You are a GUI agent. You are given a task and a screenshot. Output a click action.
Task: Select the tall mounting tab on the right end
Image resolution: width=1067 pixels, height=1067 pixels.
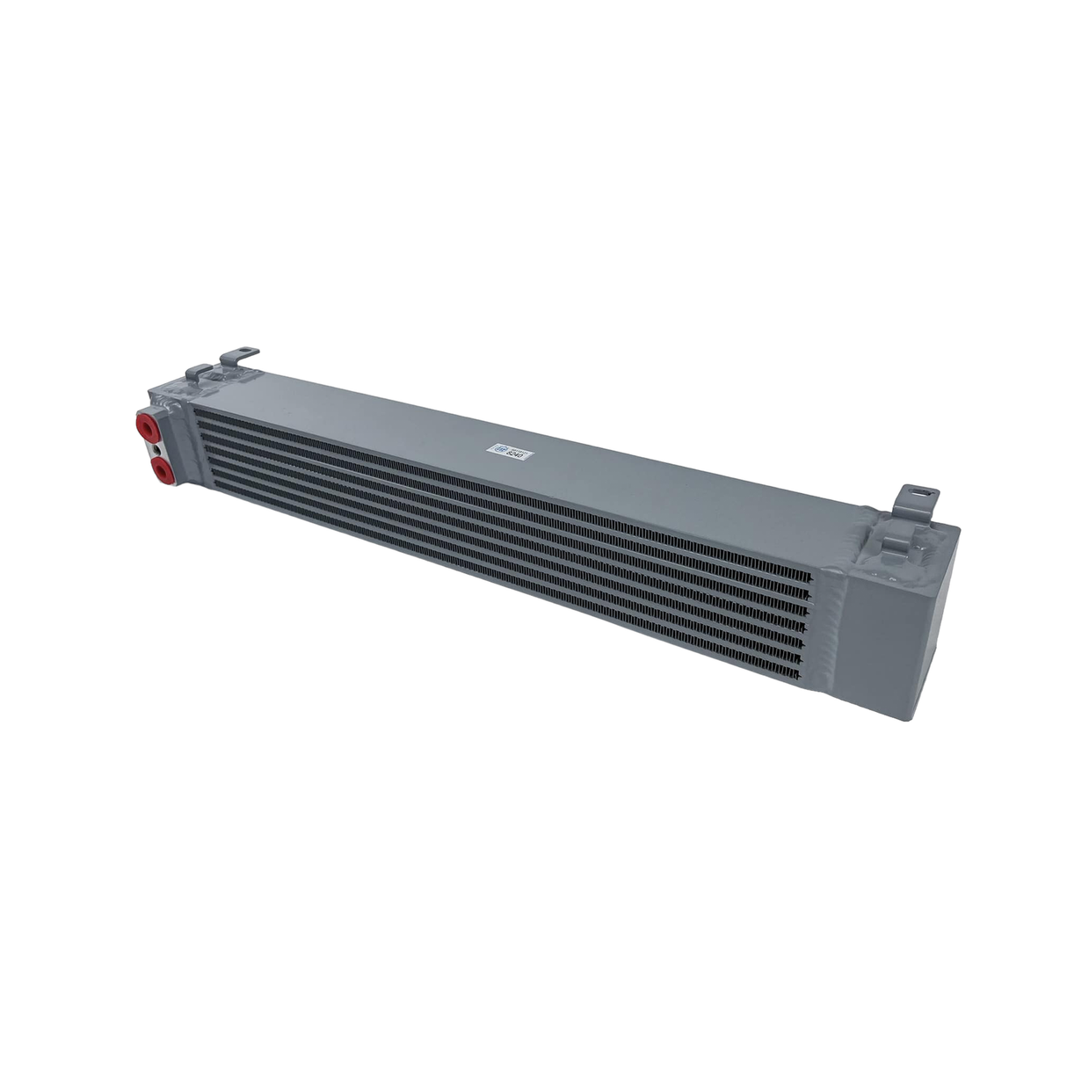click(x=913, y=501)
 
